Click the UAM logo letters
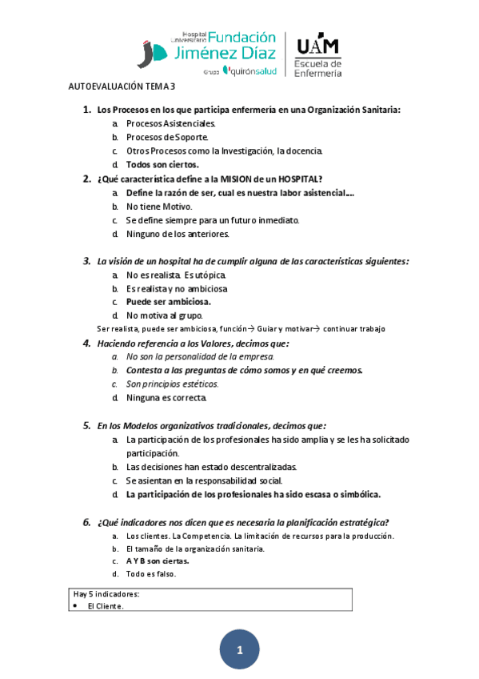click(x=317, y=45)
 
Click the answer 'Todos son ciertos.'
click(x=162, y=164)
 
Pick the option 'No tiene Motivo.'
click(x=159, y=207)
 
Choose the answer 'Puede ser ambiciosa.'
click(x=169, y=302)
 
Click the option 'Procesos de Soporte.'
click(x=167, y=137)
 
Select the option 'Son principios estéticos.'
click(x=173, y=384)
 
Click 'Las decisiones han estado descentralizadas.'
click(x=212, y=467)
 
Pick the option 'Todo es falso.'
click(x=151, y=574)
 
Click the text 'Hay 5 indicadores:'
click(x=106, y=594)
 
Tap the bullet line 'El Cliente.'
click(x=106, y=606)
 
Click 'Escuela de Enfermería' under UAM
click(x=318, y=68)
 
